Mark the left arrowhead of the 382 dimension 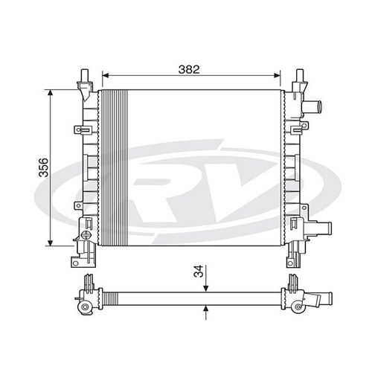[x=105, y=75]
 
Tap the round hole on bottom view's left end [x=85, y=307]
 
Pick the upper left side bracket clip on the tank [x=78, y=130]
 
